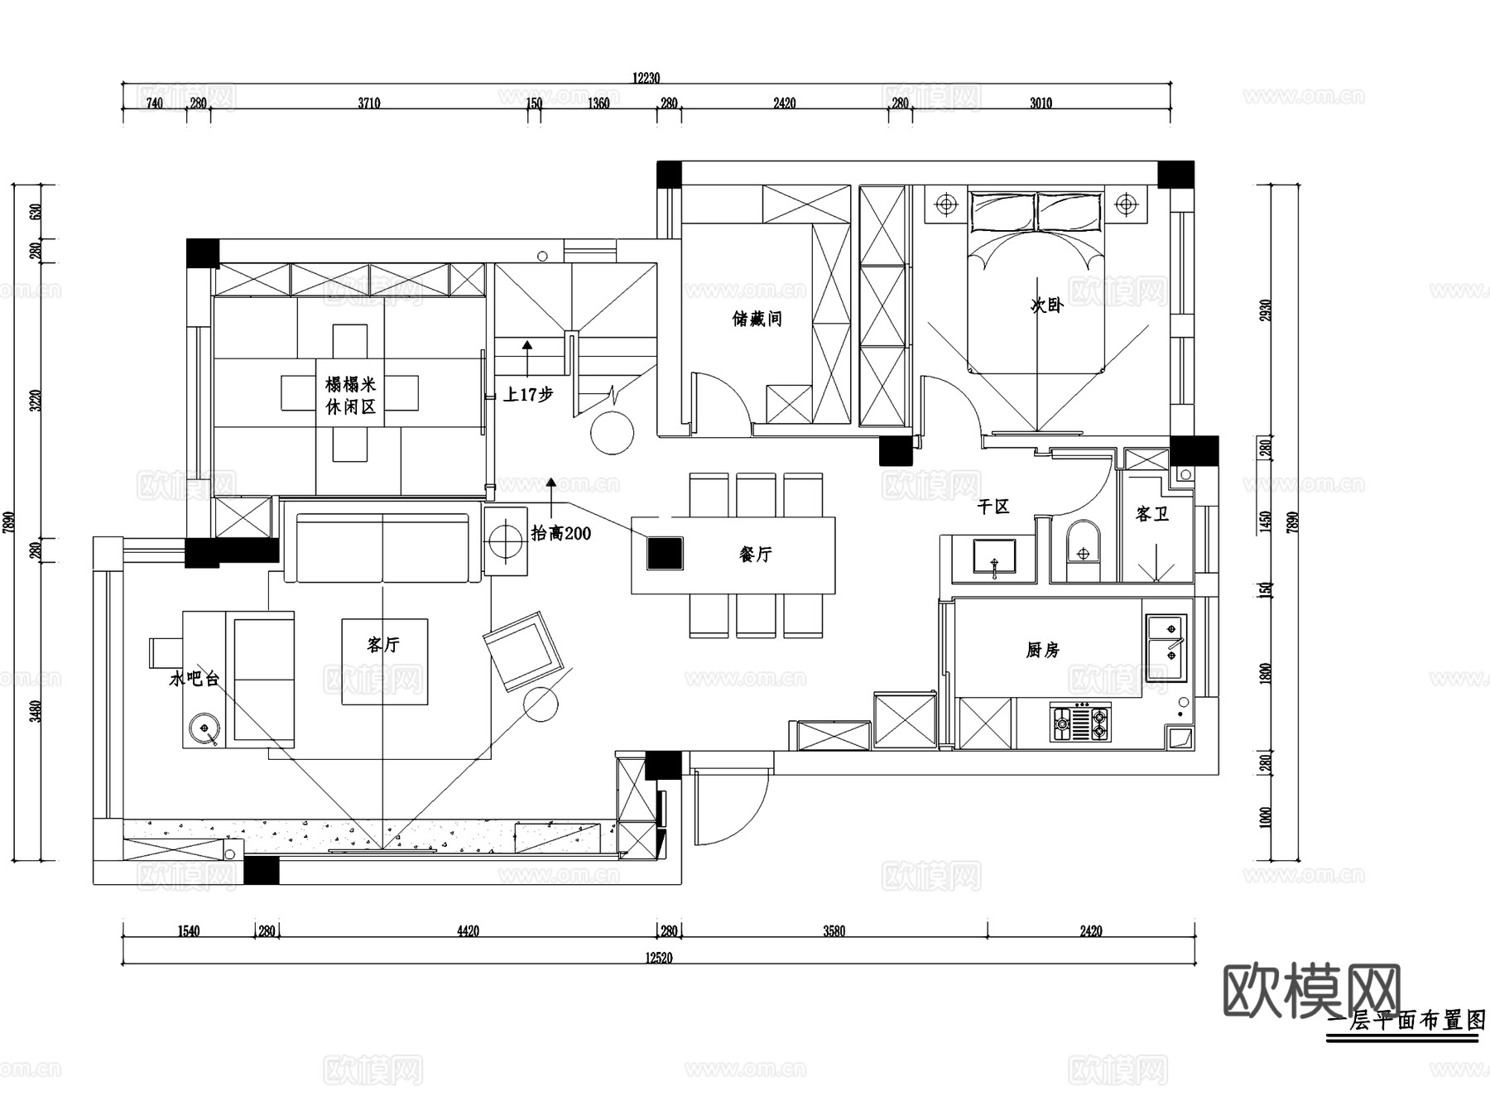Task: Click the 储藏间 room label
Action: [x=757, y=319]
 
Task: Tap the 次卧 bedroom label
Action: [x=1046, y=305]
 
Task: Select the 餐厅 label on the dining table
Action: [x=755, y=555]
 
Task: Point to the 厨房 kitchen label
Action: [x=1042, y=651]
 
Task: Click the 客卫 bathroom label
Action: [x=1151, y=514]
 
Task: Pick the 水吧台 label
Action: [x=195, y=679]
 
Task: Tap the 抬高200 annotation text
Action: [x=561, y=534]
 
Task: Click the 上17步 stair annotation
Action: [x=528, y=395]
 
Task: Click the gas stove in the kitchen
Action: [x=1081, y=722]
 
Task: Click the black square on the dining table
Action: [x=665, y=554]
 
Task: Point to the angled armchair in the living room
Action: [x=523, y=650]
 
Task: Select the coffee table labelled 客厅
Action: [x=385, y=661]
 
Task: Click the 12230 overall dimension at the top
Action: [x=646, y=78]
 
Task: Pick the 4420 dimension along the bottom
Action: [x=468, y=931]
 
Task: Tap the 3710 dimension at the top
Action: [x=369, y=103]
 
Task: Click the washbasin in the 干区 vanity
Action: [x=994, y=557]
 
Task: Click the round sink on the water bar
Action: [x=203, y=729]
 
